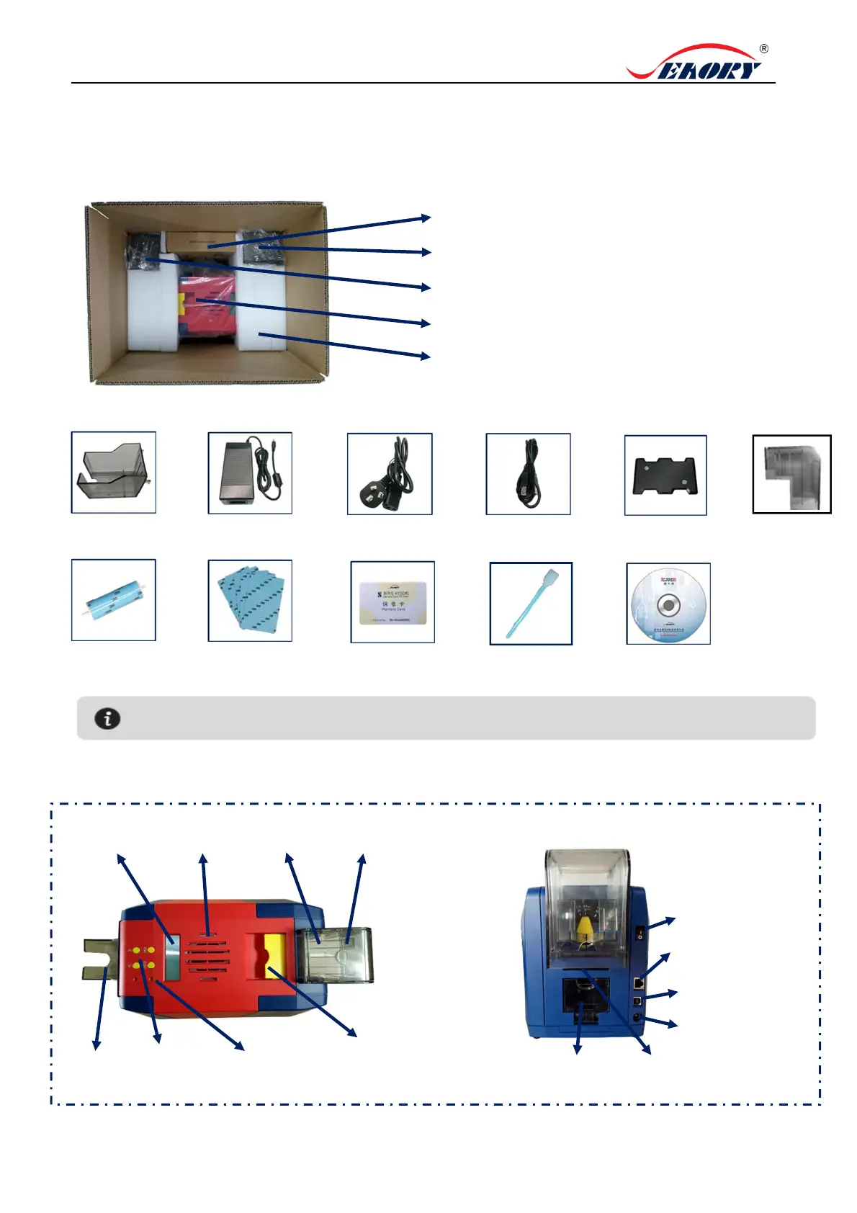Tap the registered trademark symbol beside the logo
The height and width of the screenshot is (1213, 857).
(x=763, y=49)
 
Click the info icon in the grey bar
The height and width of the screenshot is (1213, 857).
(x=107, y=718)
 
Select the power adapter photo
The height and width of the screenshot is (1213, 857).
(x=250, y=473)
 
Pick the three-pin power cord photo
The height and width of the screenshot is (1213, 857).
(x=390, y=473)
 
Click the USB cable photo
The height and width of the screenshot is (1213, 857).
(x=528, y=473)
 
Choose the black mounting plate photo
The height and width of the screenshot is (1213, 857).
(x=665, y=475)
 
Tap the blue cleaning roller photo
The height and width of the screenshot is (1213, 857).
(x=113, y=600)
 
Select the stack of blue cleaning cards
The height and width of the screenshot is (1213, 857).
(x=250, y=600)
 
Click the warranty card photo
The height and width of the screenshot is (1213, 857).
(x=392, y=601)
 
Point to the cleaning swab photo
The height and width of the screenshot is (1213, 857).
(x=531, y=603)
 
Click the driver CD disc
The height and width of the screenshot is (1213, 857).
(x=668, y=604)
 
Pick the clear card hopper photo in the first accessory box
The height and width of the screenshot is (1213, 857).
(x=113, y=473)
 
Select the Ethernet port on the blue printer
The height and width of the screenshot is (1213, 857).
(x=638, y=983)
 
